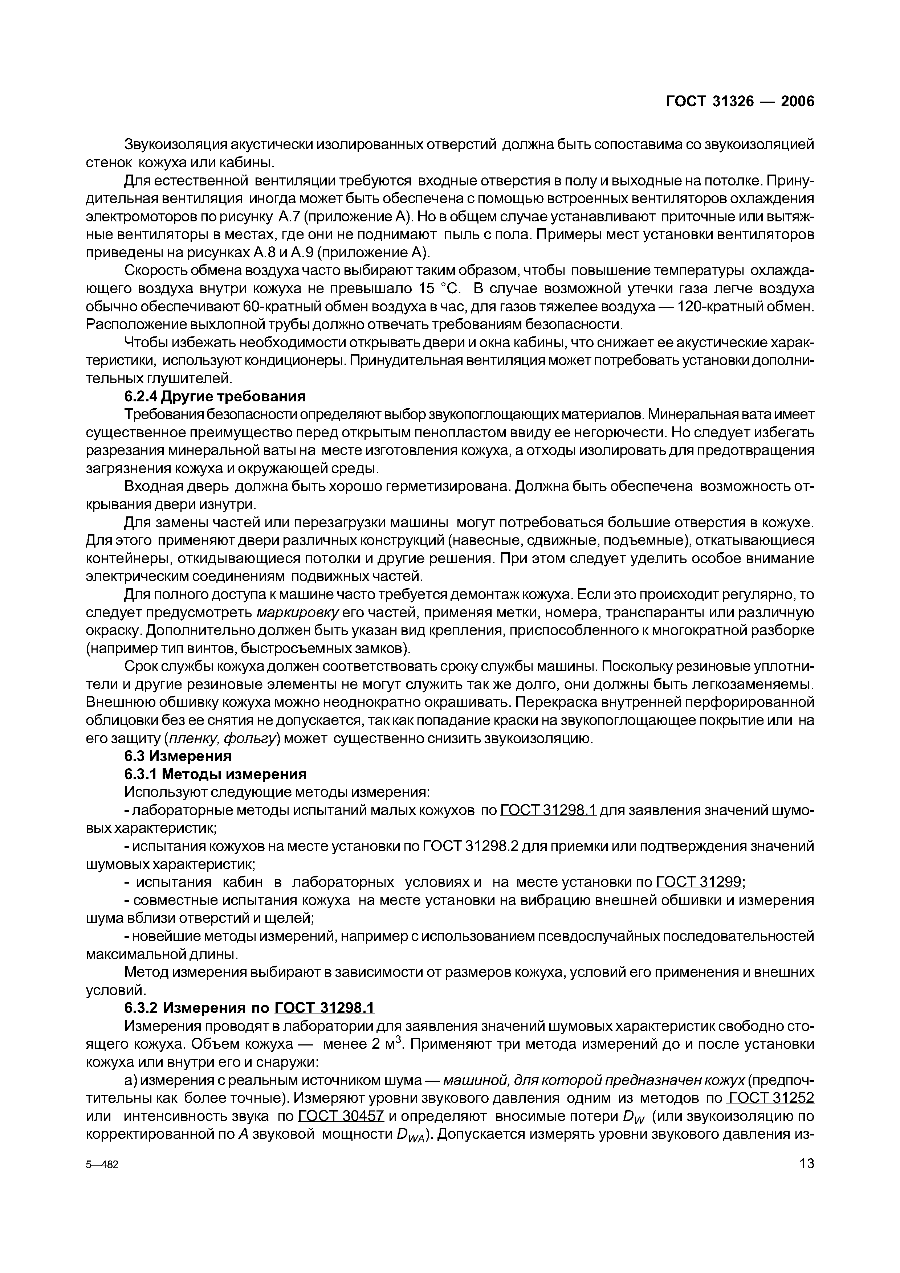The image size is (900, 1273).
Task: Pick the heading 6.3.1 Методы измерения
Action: [x=215, y=774]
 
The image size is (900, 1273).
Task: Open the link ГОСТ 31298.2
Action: [x=470, y=846]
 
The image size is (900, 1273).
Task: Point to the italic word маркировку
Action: [x=297, y=613]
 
